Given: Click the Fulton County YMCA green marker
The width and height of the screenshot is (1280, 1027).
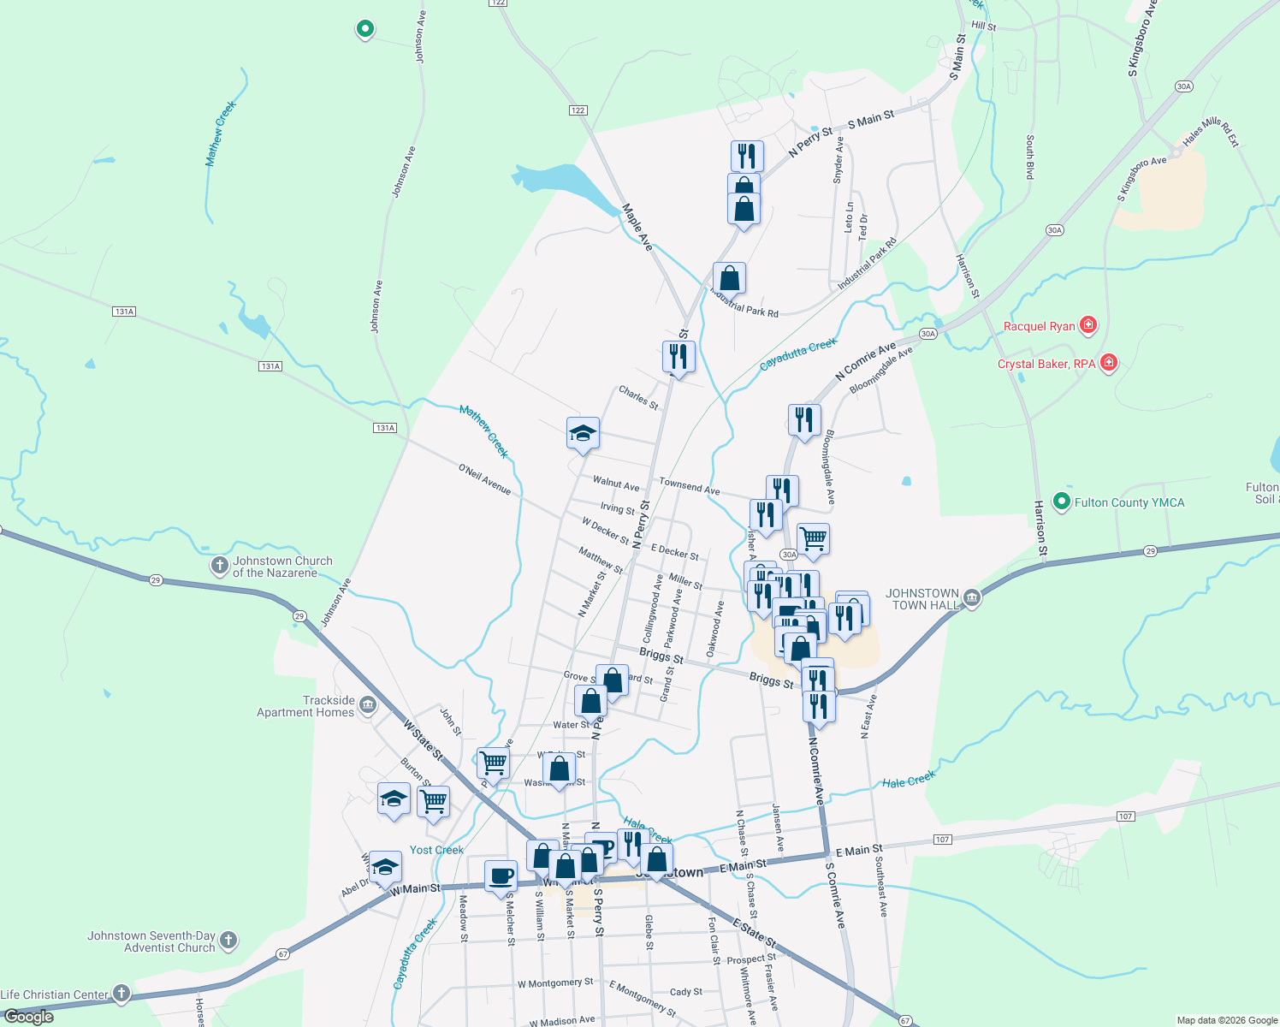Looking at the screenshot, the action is point(1062,502).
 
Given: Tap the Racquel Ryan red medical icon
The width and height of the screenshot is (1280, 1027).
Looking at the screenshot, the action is point(1087,325).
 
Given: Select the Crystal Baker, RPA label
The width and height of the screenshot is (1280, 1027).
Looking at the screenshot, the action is point(1046,364).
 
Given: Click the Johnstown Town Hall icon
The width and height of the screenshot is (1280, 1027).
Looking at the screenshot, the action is point(971,598).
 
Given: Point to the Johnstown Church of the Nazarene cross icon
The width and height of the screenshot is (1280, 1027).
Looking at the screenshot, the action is point(219,566).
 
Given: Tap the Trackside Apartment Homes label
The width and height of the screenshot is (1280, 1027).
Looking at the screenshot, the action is point(305,706).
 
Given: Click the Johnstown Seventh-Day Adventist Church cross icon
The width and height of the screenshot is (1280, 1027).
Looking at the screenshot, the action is point(228,941).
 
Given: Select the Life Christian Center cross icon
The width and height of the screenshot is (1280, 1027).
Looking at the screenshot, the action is point(121,994).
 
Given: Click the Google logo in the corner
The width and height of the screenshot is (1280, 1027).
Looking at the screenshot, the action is point(28,1017).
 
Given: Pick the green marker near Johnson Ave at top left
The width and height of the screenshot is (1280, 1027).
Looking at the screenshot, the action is point(364,29).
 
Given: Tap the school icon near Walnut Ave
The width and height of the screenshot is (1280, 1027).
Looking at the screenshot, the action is point(583,433).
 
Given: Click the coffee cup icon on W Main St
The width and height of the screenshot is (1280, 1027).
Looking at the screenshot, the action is point(501,876).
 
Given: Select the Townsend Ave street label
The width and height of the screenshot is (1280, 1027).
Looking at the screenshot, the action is point(689,486).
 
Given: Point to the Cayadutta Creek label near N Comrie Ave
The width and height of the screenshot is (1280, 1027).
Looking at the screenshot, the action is point(797,354).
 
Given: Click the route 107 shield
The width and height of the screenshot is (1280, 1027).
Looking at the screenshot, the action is point(942,840).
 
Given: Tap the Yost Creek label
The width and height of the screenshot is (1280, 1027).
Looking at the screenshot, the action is point(436,850).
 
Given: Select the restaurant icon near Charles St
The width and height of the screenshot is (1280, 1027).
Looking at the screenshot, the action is point(679,356).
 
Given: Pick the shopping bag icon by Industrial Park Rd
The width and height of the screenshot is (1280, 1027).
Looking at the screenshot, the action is point(729,278).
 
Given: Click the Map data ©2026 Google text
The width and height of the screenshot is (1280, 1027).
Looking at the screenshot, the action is point(1226,1020).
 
